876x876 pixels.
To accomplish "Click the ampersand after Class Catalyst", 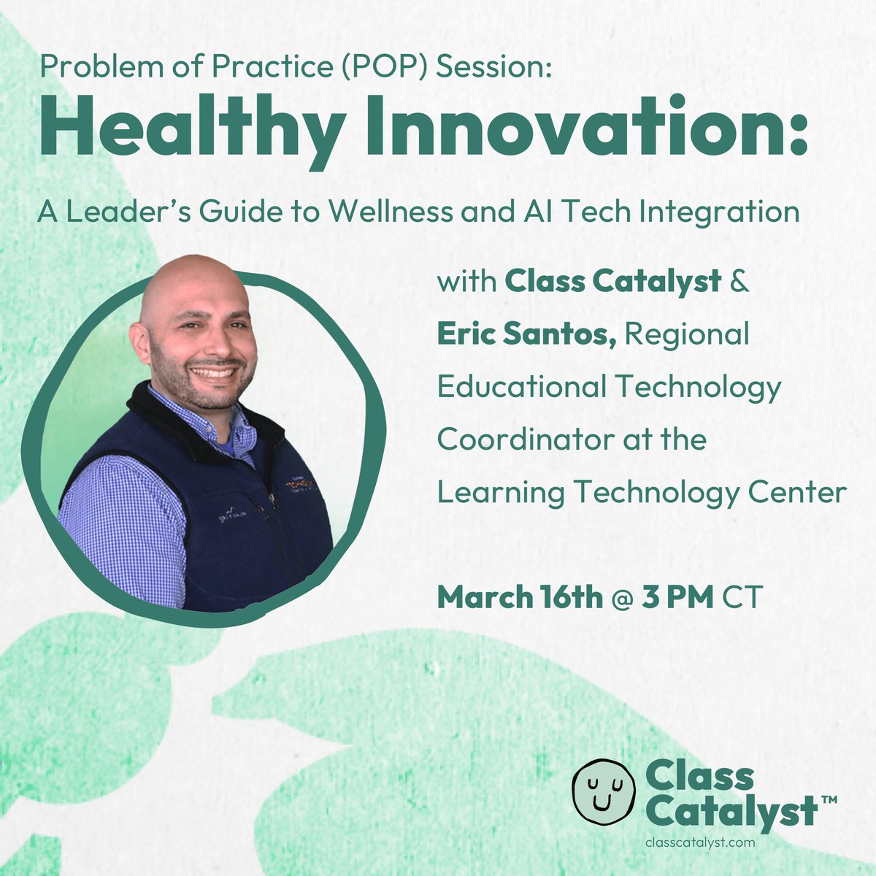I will [x=739, y=281].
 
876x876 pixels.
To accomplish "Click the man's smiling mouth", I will [x=214, y=372].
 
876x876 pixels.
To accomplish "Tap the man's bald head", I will [x=190, y=281].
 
